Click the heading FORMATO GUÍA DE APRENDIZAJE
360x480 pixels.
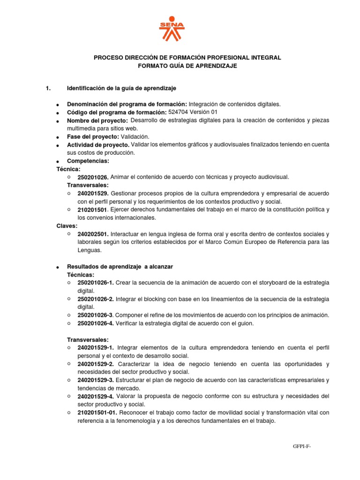click(187, 66)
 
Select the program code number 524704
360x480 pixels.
click(180, 112)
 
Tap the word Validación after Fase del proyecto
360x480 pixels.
click(135, 136)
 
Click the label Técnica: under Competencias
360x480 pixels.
click(68, 169)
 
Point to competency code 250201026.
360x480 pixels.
click(93, 177)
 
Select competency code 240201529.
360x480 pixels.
click(93, 194)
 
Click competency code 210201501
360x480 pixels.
click(92, 210)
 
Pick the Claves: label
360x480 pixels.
click(67, 226)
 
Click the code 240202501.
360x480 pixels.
click(93, 234)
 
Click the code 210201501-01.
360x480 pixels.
click(97, 412)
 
